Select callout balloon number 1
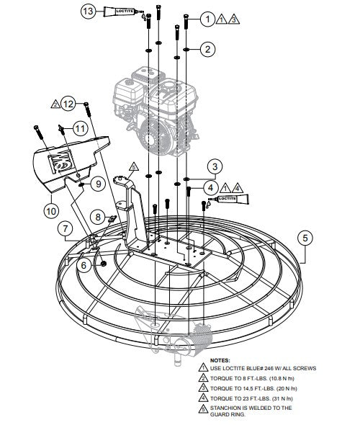coord(207,19)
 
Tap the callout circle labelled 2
coord(207,50)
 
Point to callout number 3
coord(214,166)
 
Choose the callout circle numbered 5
coord(305,236)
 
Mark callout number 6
coord(84,266)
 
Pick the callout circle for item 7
coord(66,230)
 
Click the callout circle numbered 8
coord(97,215)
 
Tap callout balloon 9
coord(99,184)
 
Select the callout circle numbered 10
coord(50,211)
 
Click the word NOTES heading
coord(220,359)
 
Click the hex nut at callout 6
coord(103,264)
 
